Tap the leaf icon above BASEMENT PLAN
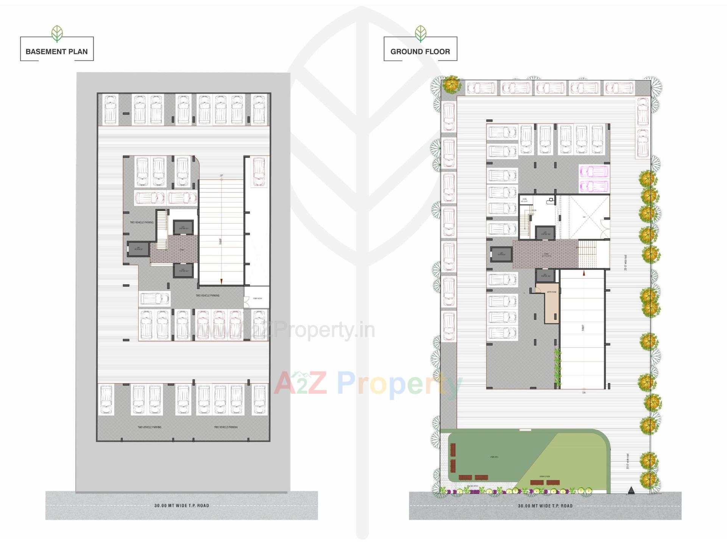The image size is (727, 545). coord(57,33)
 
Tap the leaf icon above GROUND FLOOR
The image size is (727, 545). coord(420,33)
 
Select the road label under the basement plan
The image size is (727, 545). coord(181,505)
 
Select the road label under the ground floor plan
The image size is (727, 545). coord(545,506)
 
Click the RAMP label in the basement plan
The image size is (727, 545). coord(221,241)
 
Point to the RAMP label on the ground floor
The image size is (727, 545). coord(583,328)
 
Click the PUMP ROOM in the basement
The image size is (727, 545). coord(257,298)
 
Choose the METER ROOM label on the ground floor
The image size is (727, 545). coord(551,292)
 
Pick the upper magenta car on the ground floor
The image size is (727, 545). coord(594,171)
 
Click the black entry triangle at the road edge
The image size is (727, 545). coord(630,490)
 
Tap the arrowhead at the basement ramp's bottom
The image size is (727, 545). coord(222,281)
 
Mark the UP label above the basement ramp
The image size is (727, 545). coord(222,176)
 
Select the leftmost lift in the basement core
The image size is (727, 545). coord(138,249)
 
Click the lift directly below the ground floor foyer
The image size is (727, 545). coord(545,275)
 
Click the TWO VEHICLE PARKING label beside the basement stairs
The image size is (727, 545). coord(142,222)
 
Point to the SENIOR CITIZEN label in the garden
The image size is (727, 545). coord(545,476)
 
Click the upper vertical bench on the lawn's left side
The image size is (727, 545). coord(453,450)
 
